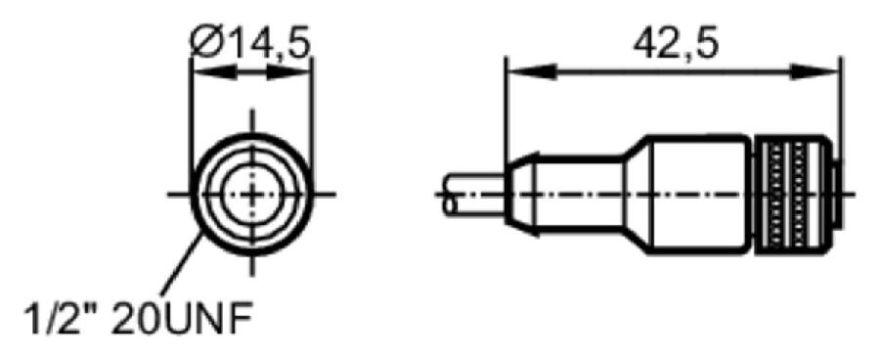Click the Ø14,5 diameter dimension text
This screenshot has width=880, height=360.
pos(249,42)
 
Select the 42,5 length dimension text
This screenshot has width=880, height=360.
pos(675,43)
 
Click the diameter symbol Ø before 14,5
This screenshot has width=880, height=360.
pos(206,43)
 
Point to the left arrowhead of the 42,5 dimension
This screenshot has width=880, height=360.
pos(530,71)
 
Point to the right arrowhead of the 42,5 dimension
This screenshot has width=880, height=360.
pos(815,71)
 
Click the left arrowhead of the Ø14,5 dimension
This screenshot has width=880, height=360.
pos(214,71)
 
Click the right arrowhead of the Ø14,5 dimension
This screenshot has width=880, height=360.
pos(288,71)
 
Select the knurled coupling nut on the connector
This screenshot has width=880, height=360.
pos(791,194)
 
